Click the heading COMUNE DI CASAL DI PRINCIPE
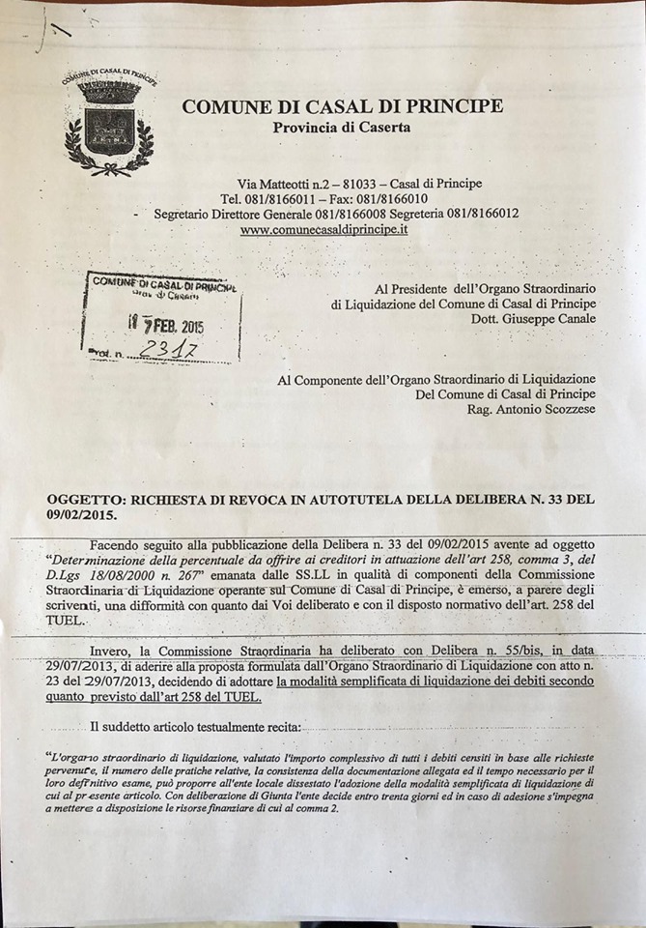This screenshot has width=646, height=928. (x=342, y=106)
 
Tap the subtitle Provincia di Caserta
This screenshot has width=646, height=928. (x=341, y=127)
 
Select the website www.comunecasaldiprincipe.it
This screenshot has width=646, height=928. (x=323, y=229)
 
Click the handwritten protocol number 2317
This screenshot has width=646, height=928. (x=171, y=349)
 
